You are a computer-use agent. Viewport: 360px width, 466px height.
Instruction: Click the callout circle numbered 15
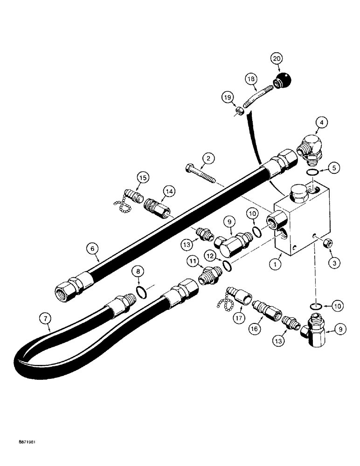coord(142,177)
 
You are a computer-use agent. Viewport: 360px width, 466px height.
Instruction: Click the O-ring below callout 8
coord(139,292)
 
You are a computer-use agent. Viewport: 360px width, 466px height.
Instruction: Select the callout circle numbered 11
coord(193,261)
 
